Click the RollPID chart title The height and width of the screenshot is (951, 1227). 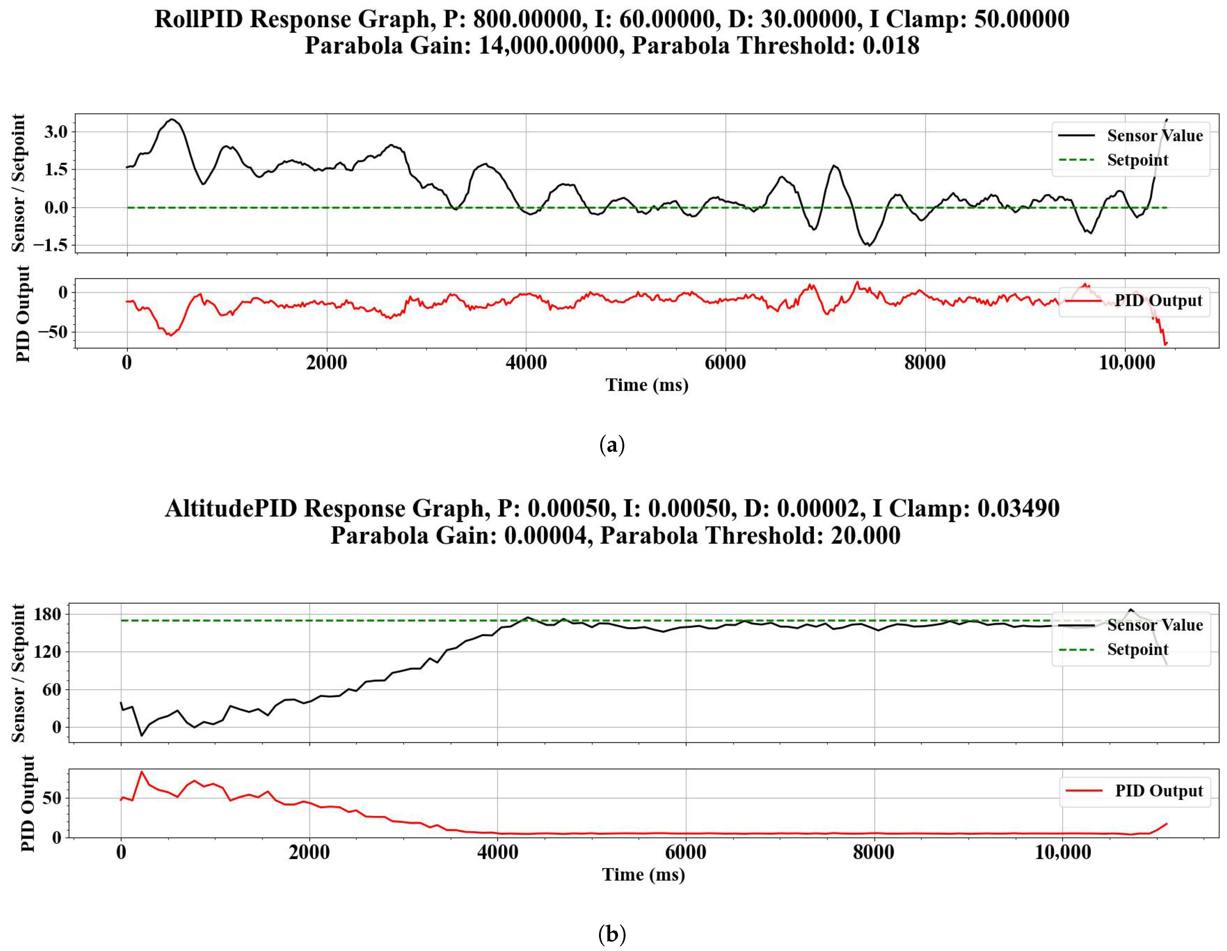click(612, 32)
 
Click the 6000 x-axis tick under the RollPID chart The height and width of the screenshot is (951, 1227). click(725, 363)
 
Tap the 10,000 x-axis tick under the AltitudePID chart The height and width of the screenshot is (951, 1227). click(1062, 852)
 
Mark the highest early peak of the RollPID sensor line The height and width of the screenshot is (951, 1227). click(172, 119)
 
